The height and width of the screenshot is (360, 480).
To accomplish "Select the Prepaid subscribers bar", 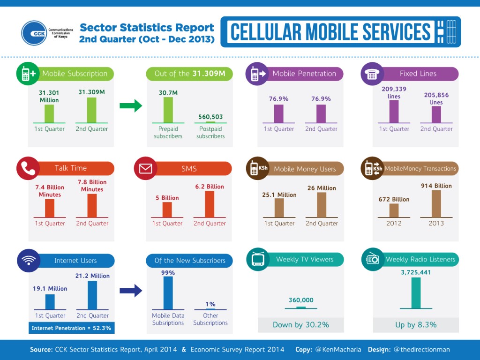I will pos(168,110).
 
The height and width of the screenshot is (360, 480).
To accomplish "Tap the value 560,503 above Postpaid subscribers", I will pos(210,117).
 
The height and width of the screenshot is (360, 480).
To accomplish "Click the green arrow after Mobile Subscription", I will pos(131,105).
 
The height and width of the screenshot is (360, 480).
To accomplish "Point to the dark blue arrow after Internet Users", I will pos(131,291).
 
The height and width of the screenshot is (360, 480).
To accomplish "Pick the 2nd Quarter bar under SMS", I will pos(210,204).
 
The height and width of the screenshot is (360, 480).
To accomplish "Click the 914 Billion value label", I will pos(436,186).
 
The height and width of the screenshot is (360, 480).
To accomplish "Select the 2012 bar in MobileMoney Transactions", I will pos(394,210).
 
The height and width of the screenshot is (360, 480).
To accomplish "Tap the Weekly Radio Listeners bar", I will pos(415,292).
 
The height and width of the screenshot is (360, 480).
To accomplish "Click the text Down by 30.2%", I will pos(300,324).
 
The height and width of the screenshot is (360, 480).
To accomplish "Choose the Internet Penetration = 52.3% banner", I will pos(71,328).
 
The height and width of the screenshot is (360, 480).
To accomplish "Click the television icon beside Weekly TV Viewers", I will pos(258,259).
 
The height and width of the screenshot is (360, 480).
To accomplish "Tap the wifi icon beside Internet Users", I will pos(28,261).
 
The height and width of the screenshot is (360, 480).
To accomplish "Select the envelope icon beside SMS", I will pos(145,169).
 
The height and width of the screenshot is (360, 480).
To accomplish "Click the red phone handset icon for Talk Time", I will pos(28,168).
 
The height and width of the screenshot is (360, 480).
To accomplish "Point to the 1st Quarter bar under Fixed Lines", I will pos(394,111).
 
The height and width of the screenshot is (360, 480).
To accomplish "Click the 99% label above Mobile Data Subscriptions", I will pos(168,273).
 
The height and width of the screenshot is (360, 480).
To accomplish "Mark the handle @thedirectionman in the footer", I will pos(421,350).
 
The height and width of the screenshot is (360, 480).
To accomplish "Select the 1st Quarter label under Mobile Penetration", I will pos(279,129).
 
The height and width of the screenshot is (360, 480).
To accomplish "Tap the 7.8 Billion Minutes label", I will pos(92,186).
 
